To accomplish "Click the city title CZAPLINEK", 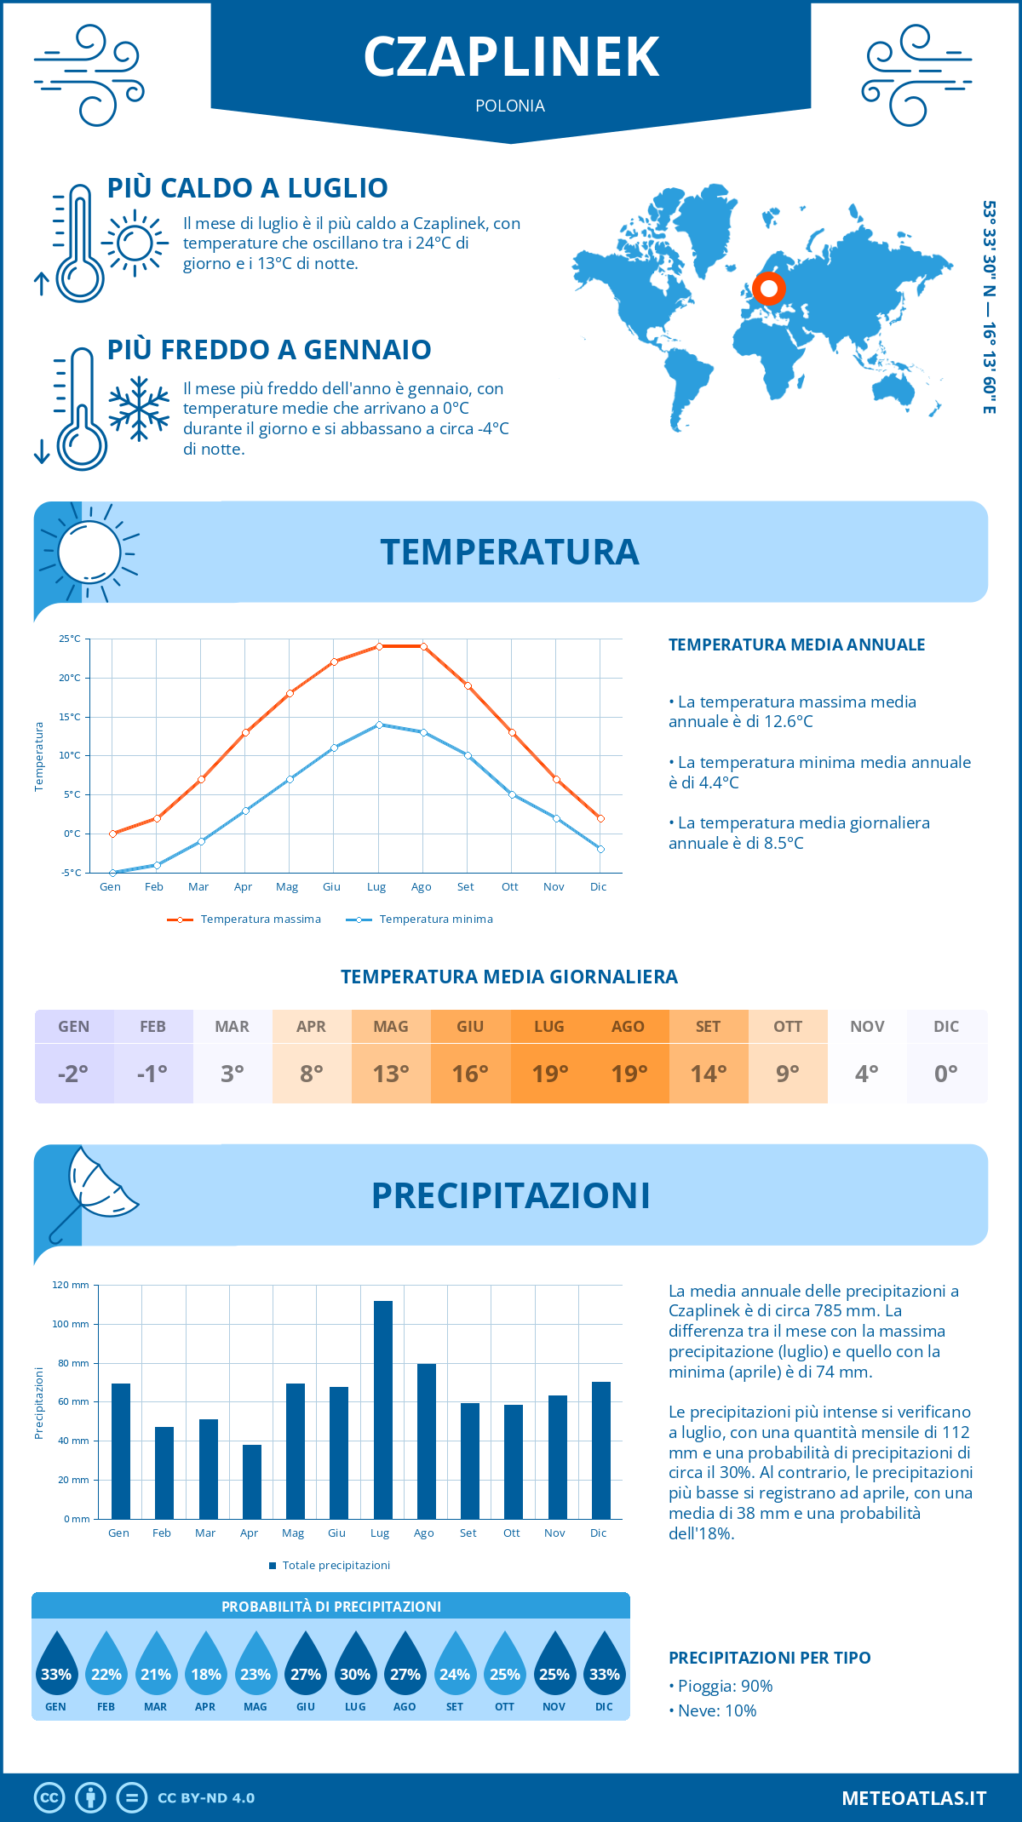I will click(511, 57).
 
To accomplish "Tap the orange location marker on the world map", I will click(768, 289).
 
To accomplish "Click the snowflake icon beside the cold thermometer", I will click(139, 409).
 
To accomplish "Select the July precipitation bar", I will click(382, 1409).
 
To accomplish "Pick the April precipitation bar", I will click(251, 1481).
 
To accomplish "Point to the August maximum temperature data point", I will click(423, 646).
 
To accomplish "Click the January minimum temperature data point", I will click(112, 873).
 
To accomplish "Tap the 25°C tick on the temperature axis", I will click(70, 639).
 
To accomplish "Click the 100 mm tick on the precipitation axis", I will click(71, 1324).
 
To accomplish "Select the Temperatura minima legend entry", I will click(435, 920).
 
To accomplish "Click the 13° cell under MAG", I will click(391, 1074).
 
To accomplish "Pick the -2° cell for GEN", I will click(73, 1074).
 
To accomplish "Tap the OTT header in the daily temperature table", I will click(788, 1027).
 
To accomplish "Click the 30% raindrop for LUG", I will click(355, 1669).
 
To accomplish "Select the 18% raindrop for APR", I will click(205, 1669).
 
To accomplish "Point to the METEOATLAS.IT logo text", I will click(914, 1798).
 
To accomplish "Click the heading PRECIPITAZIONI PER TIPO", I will click(769, 1658).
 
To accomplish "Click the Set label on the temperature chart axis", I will click(465, 887).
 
